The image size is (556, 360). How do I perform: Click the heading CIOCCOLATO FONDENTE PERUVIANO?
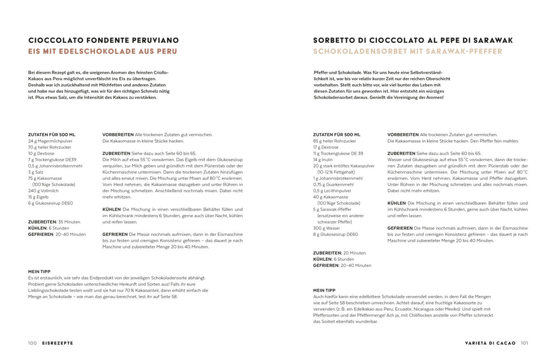(103, 40)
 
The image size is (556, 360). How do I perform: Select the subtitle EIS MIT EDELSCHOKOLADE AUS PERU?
(103, 52)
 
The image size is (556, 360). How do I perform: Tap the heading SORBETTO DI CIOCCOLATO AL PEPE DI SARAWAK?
(413, 40)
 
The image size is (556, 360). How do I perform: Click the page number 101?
(525, 343)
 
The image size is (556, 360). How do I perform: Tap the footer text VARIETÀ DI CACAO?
(490, 343)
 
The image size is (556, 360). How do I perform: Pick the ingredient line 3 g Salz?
(36, 172)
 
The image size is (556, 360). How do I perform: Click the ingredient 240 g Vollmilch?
(42, 191)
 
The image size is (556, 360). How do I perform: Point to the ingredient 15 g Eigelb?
(39, 197)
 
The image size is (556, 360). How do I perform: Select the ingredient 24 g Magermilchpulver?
(50, 141)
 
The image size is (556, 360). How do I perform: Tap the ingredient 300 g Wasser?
(327, 228)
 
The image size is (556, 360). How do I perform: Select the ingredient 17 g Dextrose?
(326, 147)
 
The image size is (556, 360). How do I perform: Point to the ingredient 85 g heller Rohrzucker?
(334, 141)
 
